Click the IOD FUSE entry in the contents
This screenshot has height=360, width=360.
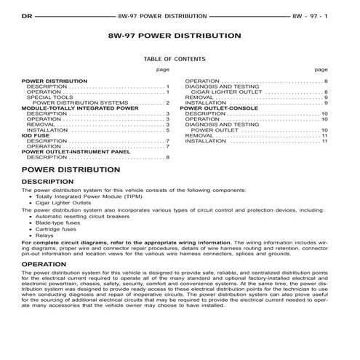[x=36, y=135]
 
